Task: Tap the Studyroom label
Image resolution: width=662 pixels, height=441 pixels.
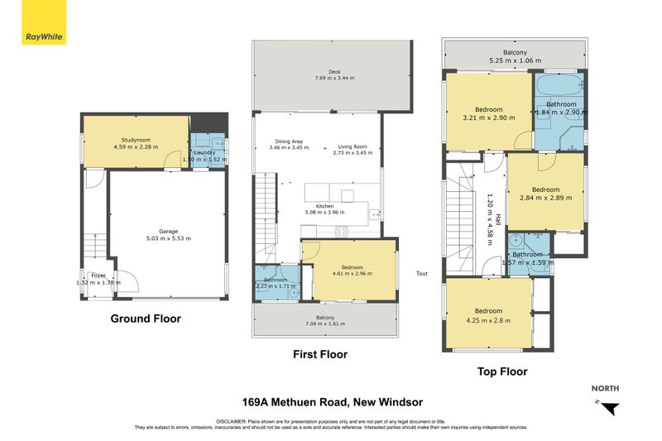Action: pyautogui.click(x=135, y=139)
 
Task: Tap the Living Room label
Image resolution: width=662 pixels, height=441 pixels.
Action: pyautogui.click(x=350, y=146)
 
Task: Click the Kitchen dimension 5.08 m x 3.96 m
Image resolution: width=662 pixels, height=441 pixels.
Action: pyautogui.click(x=336, y=212)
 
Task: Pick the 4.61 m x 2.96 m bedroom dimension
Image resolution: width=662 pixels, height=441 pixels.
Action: pyautogui.click(x=352, y=274)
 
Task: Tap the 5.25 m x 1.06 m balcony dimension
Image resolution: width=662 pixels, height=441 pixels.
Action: pyautogui.click(x=515, y=60)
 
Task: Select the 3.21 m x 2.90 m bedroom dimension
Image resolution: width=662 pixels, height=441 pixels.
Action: pyautogui.click(x=487, y=117)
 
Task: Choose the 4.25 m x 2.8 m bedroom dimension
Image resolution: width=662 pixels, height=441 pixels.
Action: pyautogui.click(x=488, y=320)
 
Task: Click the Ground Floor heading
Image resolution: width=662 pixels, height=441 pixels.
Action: pyautogui.click(x=146, y=319)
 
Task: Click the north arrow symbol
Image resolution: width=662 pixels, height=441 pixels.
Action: pyautogui.click(x=611, y=408)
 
